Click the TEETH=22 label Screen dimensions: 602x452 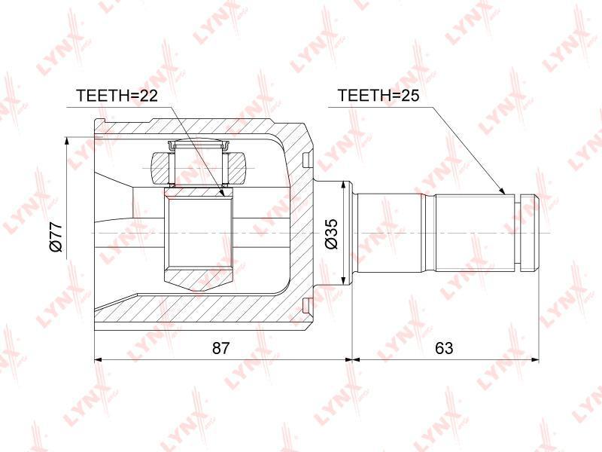coord(117,96)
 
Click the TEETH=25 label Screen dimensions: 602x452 coord(379,96)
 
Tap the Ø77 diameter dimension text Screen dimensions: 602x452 coord(56,236)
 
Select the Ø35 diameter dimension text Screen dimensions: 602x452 coord(330,234)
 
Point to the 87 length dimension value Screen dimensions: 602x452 coord(220,348)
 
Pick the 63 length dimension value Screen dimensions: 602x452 coord(444,348)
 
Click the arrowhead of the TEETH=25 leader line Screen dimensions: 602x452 coord(501,190)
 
